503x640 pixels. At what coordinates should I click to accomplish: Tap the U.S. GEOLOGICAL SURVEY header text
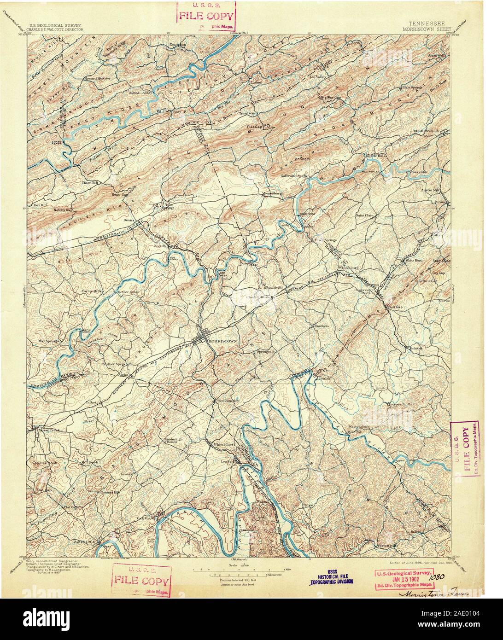point(55,26)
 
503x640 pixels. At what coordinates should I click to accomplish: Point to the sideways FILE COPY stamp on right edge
point(465,448)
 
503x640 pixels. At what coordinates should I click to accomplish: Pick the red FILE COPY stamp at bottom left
point(142,581)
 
